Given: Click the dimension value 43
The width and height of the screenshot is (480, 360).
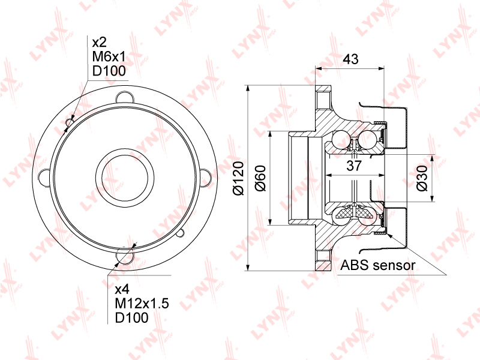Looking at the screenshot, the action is click(350, 59).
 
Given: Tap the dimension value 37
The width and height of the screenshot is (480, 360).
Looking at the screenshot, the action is click(354, 166).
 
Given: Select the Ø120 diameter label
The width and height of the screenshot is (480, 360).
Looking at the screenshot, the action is click(238, 178).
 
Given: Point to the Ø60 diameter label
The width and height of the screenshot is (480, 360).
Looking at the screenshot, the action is click(261, 178).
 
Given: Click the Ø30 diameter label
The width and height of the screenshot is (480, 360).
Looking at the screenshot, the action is click(422, 178).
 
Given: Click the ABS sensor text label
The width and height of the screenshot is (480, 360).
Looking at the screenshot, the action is click(378, 265).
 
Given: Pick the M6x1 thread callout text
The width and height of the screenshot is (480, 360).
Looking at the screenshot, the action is click(109, 56).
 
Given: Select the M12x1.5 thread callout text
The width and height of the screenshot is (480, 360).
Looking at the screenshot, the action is click(142, 304).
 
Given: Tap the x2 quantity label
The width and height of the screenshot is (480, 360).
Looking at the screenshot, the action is click(100, 42).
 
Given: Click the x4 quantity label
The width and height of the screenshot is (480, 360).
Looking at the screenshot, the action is click(122, 289).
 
